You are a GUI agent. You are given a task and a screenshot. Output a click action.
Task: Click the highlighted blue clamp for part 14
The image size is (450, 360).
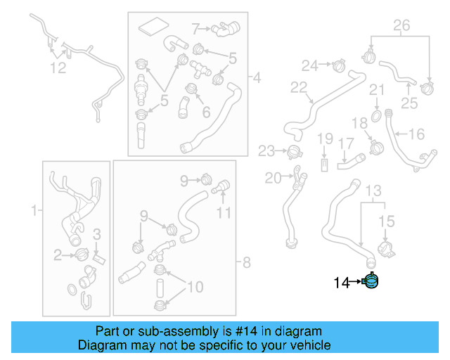click(x=371, y=282)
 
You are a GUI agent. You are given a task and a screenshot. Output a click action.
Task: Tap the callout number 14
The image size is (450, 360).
click(x=341, y=283)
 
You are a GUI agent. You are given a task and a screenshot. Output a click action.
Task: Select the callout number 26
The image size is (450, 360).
click(x=400, y=26)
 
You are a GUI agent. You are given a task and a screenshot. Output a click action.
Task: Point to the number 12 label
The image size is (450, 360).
click(x=58, y=67)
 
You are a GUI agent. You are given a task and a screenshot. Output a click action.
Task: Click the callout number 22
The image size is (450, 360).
click(x=299, y=88)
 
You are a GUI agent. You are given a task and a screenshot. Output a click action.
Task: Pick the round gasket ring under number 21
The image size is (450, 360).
click(x=376, y=114)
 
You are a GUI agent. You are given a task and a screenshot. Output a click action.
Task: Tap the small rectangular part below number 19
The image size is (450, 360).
click(x=324, y=165)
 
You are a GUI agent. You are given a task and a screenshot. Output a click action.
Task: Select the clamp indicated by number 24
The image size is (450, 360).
click(x=339, y=67)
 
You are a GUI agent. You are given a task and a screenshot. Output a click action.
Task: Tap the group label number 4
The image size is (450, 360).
click(x=256, y=77)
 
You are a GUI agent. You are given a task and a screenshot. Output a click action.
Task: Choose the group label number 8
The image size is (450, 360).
click(x=245, y=264)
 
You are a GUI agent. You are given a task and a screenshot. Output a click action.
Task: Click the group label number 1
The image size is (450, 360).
click(x=33, y=210)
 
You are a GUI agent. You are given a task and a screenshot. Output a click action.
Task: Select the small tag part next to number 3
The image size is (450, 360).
click(x=98, y=258)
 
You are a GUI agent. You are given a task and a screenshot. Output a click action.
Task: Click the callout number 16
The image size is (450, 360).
click(x=416, y=134)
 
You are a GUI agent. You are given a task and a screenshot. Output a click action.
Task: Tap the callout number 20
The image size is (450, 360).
click(x=273, y=178)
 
